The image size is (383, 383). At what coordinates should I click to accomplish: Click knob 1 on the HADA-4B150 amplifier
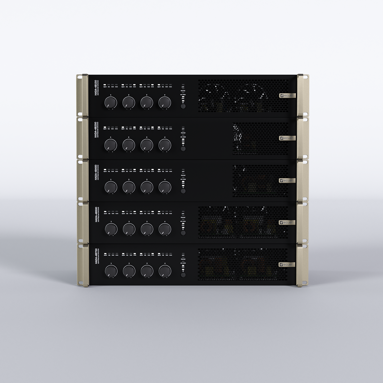(111, 102)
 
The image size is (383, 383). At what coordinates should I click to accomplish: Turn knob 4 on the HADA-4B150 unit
(165, 102)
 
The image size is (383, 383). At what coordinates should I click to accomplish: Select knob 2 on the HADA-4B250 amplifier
(129, 145)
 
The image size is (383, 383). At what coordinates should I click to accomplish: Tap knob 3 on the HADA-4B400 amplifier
(147, 187)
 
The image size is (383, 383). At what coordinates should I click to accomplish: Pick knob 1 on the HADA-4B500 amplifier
(111, 229)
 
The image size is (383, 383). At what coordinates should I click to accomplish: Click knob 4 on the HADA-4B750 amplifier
(165, 271)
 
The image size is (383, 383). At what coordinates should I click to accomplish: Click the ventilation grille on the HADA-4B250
(260, 138)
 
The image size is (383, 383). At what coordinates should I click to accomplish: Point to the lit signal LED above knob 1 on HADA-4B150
(105, 85)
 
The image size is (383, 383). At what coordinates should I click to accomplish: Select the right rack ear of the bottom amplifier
(302, 265)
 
